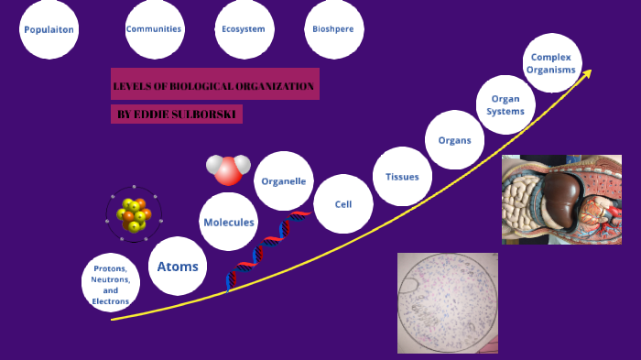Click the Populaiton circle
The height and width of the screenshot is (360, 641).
(49, 29)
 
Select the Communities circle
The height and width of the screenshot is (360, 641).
(154, 28)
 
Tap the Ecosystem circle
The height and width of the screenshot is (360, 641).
(244, 28)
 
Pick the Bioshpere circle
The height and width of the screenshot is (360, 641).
(334, 28)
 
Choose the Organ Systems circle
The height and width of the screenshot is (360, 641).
(505, 105)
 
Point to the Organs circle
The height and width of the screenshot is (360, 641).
(454, 140)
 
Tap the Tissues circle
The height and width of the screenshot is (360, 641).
(402, 177)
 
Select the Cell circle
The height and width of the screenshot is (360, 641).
(343, 204)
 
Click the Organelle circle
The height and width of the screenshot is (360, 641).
(284, 181)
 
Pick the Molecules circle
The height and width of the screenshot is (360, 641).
(229, 222)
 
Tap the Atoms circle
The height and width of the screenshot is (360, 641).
(178, 267)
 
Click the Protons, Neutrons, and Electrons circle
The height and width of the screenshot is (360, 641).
(111, 283)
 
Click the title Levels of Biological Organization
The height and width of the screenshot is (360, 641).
(214, 87)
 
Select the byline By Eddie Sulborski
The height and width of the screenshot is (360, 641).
(176, 115)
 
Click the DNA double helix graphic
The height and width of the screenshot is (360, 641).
(268, 248)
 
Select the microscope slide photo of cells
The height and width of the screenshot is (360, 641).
(448, 302)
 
